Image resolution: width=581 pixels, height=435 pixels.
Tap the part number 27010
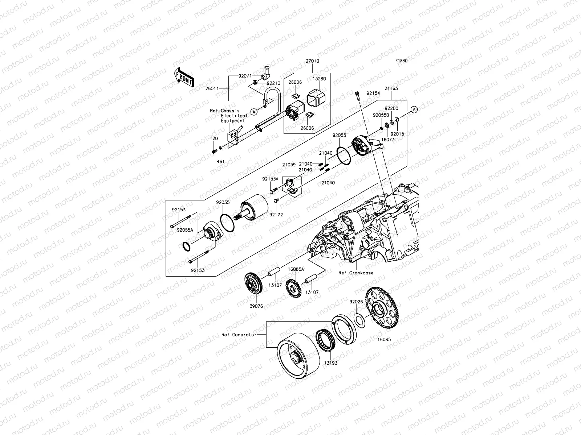coord(312,61)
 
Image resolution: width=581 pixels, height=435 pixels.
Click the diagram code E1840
coord(402,61)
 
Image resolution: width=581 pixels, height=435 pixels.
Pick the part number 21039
coord(289,165)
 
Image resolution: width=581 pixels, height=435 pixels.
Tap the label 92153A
coord(270,179)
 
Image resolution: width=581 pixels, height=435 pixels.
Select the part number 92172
coord(276,215)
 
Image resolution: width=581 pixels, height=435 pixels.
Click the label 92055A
coord(184,229)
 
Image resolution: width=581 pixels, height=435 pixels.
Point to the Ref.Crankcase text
coord(356,273)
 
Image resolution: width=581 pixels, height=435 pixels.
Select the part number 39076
coord(256,306)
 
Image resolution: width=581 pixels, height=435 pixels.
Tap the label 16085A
coord(296,269)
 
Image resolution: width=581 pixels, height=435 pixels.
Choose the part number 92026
coord(356,301)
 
